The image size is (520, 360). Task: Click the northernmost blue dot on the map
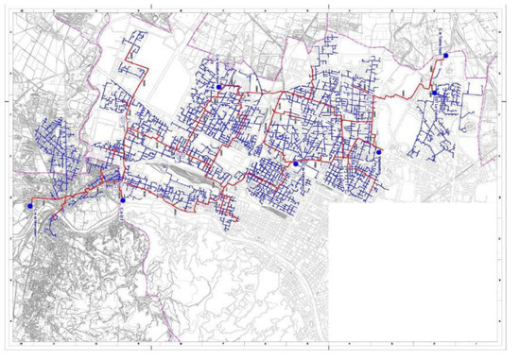tap(445, 56)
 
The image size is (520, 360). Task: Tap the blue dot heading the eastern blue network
tap(434, 93)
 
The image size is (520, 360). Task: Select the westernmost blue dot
tap(31, 204)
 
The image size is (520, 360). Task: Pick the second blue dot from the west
tap(124, 200)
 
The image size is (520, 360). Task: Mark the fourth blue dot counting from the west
tap(296, 163)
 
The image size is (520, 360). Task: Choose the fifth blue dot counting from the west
tap(379, 151)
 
